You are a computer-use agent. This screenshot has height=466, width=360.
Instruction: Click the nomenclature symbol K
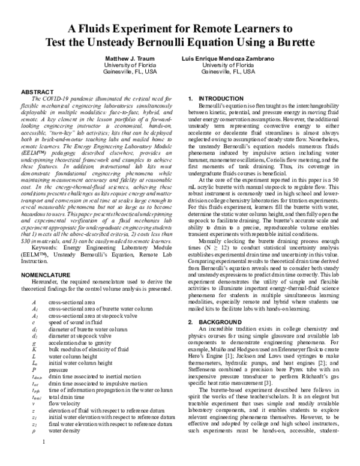pyautogui.click(x=34, y=348)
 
